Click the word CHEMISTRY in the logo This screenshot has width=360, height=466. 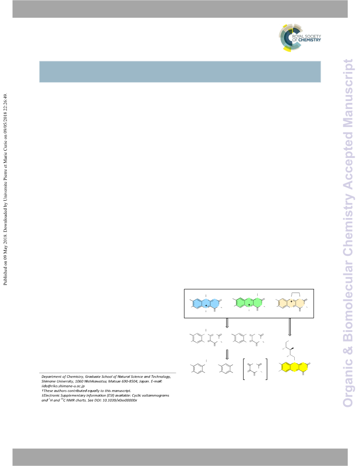tap(310, 40)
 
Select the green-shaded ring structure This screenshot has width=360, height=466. tap(249, 303)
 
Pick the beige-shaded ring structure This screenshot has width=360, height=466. tap(292, 303)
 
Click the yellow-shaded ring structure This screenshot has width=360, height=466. tap(294, 367)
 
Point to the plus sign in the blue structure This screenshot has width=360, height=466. tap(206, 305)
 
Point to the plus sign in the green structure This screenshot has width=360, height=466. tap(249, 304)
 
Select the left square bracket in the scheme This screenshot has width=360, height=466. tap(244, 369)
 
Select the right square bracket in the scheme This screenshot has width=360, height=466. tap(266, 369)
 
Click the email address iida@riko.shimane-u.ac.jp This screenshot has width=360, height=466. tap(63, 386)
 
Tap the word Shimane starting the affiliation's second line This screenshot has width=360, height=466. tap(48, 381)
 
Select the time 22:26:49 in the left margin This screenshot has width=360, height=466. tap(5, 102)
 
